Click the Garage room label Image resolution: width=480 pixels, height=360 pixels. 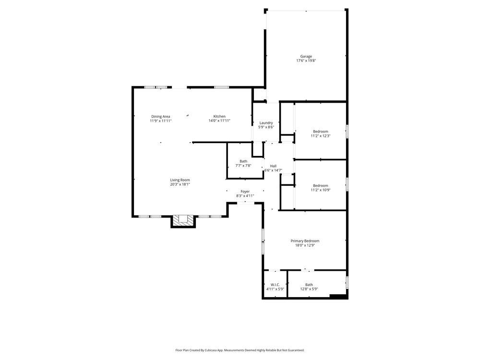pyautogui.click(x=306, y=56)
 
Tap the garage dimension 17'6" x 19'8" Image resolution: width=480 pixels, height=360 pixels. pyautogui.click(x=306, y=61)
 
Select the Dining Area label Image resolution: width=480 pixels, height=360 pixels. pyautogui.click(x=160, y=116)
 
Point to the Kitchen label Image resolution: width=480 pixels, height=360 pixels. pyautogui.click(x=219, y=116)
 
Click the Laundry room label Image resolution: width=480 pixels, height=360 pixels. pyautogui.click(x=266, y=122)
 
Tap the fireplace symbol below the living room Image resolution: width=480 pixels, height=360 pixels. pyautogui.click(x=183, y=220)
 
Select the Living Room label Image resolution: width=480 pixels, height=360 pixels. pyautogui.click(x=180, y=180)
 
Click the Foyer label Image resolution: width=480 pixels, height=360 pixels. pyautogui.click(x=245, y=192)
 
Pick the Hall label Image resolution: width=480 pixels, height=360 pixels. pyautogui.click(x=273, y=166)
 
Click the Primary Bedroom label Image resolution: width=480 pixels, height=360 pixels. pyautogui.click(x=305, y=241)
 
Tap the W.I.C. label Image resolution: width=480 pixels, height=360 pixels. pyautogui.click(x=275, y=285)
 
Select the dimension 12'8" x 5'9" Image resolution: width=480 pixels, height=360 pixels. pyautogui.click(x=309, y=289)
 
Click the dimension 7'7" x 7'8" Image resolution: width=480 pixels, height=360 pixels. pyautogui.click(x=243, y=166)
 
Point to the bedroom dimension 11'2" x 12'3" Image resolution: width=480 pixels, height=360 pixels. pyautogui.click(x=320, y=136)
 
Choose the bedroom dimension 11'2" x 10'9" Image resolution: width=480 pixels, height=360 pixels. pyautogui.click(x=320, y=190)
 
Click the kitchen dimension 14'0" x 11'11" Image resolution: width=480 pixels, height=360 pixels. pyautogui.click(x=219, y=120)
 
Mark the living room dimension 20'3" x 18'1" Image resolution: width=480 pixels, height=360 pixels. pyautogui.click(x=180, y=184)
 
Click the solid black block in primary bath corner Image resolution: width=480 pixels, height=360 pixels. pyautogui.click(x=339, y=297)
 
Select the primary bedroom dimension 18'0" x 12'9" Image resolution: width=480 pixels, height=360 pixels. pyautogui.click(x=305, y=245)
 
